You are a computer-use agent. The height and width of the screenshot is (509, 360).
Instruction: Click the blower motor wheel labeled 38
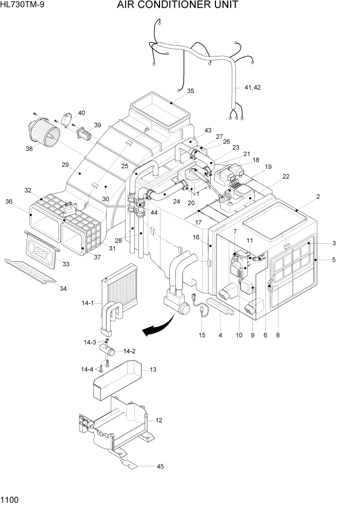(x=44, y=131)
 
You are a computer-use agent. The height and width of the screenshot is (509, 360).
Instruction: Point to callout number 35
(x=190, y=91)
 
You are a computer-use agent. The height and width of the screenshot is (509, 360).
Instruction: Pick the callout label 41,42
(x=252, y=88)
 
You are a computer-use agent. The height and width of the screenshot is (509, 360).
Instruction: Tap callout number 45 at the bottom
(x=161, y=466)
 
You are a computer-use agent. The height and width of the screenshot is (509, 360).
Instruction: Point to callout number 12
(x=159, y=420)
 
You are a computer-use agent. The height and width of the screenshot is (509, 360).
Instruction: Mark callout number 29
(x=65, y=165)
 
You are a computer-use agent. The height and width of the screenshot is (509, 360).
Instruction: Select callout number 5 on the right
(x=334, y=260)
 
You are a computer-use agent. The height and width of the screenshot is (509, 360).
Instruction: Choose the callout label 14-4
(x=87, y=369)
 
